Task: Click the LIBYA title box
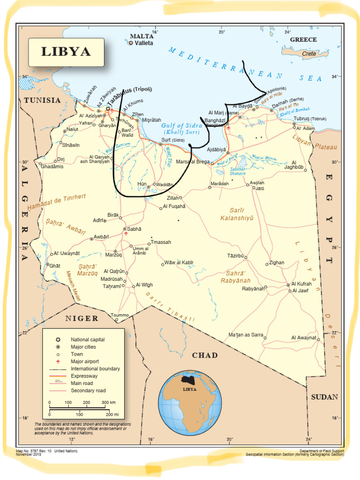click(x=66, y=52)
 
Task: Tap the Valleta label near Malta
click(x=144, y=43)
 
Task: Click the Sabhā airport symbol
click(x=125, y=232)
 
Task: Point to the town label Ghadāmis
click(x=52, y=166)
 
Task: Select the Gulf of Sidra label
click(x=181, y=126)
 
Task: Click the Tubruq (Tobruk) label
click(x=310, y=118)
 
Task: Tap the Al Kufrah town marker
click(x=288, y=285)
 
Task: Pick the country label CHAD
click(x=205, y=355)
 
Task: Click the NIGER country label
click(x=82, y=319)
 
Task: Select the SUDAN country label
click(x=324, y=397)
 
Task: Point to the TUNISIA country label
click(x=42, y=100)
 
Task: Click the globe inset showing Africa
click(x=189, y=402)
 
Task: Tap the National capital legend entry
click(x=88, y=339)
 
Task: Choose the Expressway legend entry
click(x=84, y=376)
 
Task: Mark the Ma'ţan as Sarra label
click(x=245, y=335)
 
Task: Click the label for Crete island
click(x=309, y=54)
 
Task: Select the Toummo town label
click(x=120, y=315)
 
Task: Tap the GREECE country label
click(x=303, y=40)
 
